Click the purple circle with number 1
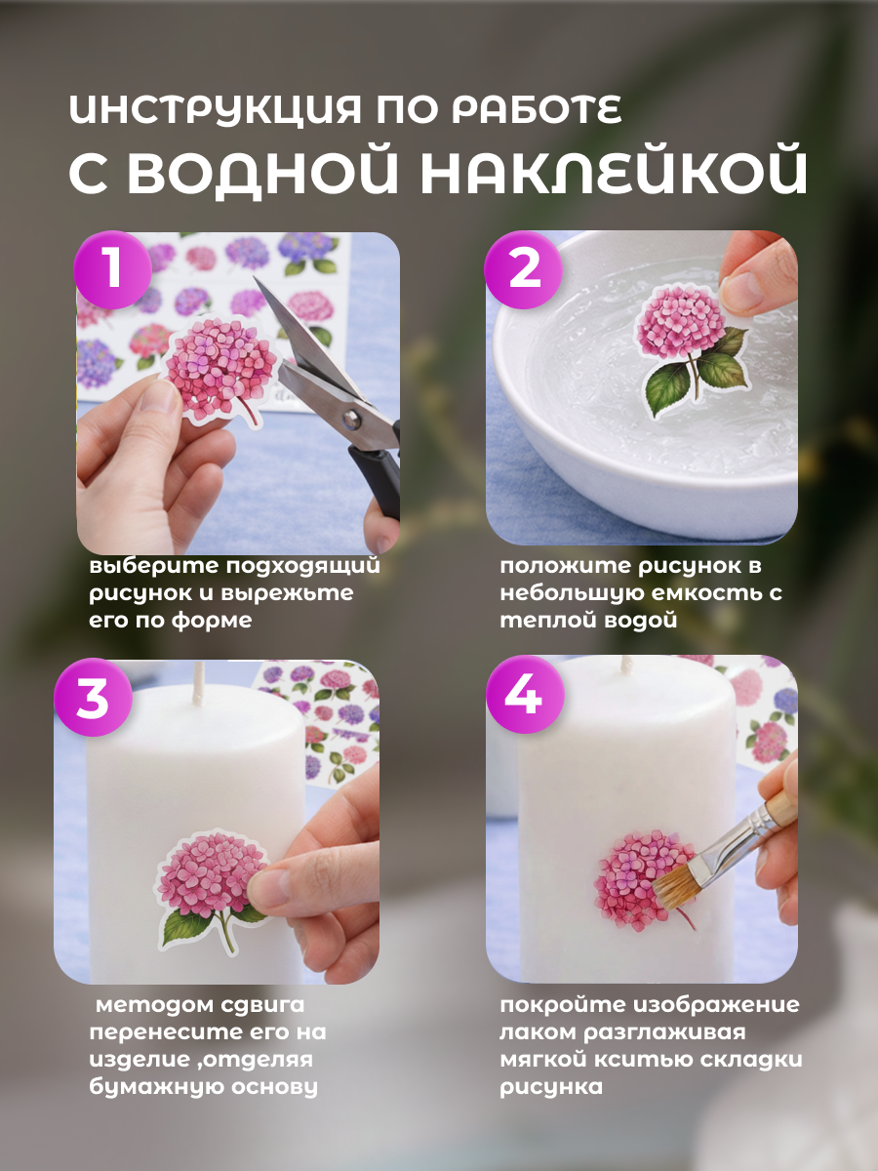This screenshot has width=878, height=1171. (112, 269)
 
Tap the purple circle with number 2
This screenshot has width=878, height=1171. (524, 269)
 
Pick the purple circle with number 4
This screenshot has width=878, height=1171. (525, 695)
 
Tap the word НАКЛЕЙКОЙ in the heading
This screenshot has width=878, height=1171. (615, 171)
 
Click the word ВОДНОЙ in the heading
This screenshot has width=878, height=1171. (262, 171)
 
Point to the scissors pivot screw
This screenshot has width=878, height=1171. (351, 419)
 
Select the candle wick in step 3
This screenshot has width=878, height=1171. (199, 683)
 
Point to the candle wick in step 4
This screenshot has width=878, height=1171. (627, 666)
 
